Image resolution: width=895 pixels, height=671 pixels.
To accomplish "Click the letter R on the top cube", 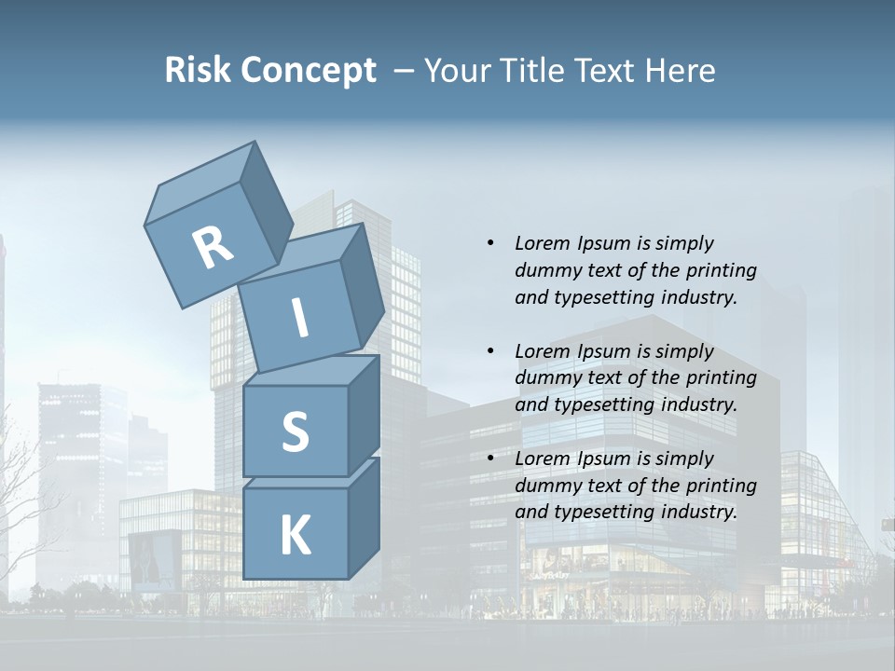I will (213, 248).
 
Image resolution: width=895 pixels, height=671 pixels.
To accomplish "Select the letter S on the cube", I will (295, 431).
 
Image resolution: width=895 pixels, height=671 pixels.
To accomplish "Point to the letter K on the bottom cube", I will (295, 536).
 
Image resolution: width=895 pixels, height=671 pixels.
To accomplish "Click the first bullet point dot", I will (490, 243).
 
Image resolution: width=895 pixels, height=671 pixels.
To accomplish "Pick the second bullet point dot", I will (490, 351).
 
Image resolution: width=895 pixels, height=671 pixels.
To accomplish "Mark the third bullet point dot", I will (490, 459).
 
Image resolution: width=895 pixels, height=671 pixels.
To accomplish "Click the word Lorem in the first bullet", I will (543, 243).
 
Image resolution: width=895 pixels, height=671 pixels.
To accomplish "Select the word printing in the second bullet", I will (721, 378).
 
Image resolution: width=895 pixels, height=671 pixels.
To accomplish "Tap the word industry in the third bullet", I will (697, 513).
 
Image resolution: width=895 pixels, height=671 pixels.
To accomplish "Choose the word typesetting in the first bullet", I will (603, 298).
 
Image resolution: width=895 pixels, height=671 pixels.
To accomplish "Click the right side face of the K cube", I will (364, 517).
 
